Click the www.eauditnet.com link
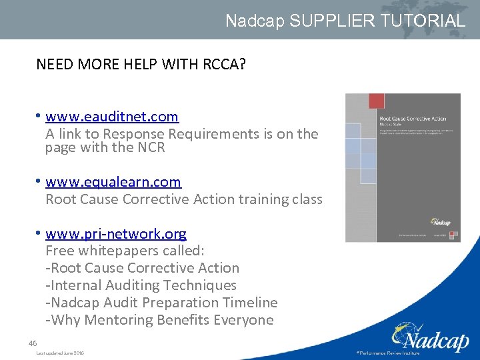(112, 117)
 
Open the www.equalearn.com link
(113, 182)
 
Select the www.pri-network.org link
(116, 234)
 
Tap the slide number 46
(33, 343)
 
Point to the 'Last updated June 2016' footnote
(60, 353)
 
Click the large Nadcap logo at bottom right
(430, 337)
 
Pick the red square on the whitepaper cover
(377, 101)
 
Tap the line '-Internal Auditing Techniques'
(141, 285)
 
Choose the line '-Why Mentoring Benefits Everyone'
(159, 320)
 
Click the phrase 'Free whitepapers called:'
(125, 251)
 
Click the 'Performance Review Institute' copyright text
(389, 353)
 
